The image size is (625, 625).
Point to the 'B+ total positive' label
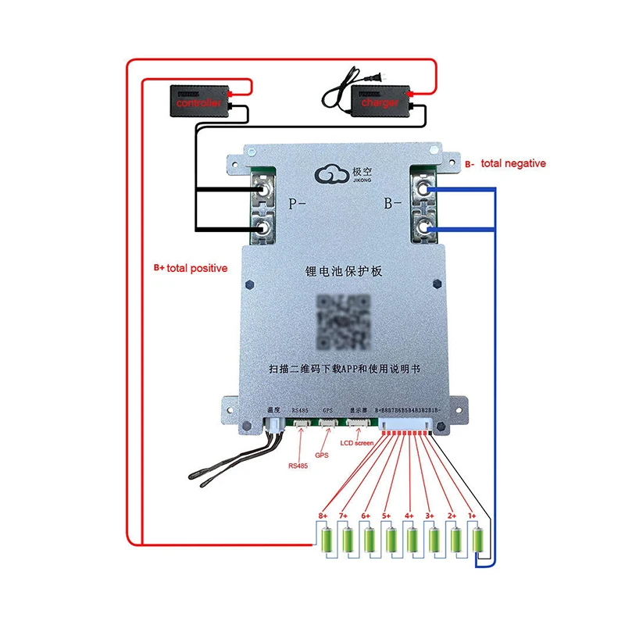[190, 268]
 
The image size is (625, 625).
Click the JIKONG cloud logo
[333, 173]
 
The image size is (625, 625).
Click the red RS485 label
[298, 466]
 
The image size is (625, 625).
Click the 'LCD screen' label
[356, 443]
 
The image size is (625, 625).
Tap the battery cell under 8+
[325, 540]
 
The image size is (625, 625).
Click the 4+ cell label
[409, 516]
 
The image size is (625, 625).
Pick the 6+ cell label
[366, 516]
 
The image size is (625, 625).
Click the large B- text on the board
[391, 206]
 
